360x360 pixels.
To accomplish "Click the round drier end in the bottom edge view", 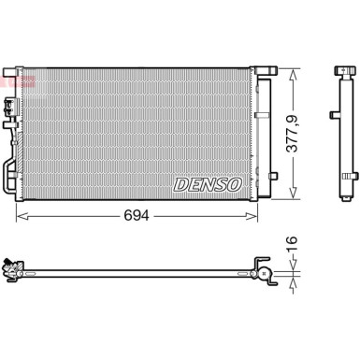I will (x=265, y=274).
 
